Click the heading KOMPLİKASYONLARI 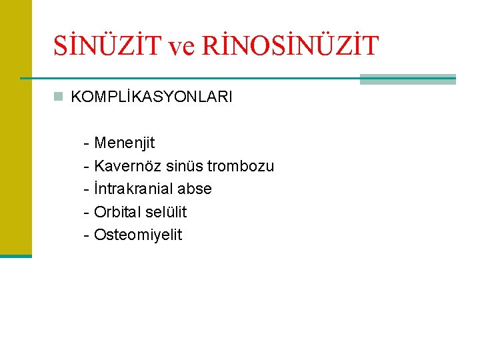click(x=151, y=97)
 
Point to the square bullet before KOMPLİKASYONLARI click(x=59, y=97)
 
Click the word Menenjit click(x=125, y=143)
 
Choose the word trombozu click(x=241, y=166)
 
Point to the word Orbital click(x=119, y=212)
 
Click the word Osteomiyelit click(x=138, y=235)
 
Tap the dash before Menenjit click(x=87, y=143)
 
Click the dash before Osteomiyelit click(x=87, y=235)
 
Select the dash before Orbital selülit click(x=87, y=213)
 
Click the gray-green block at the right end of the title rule click(x=407, y=79)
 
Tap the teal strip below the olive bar click(x=15, y=256)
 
